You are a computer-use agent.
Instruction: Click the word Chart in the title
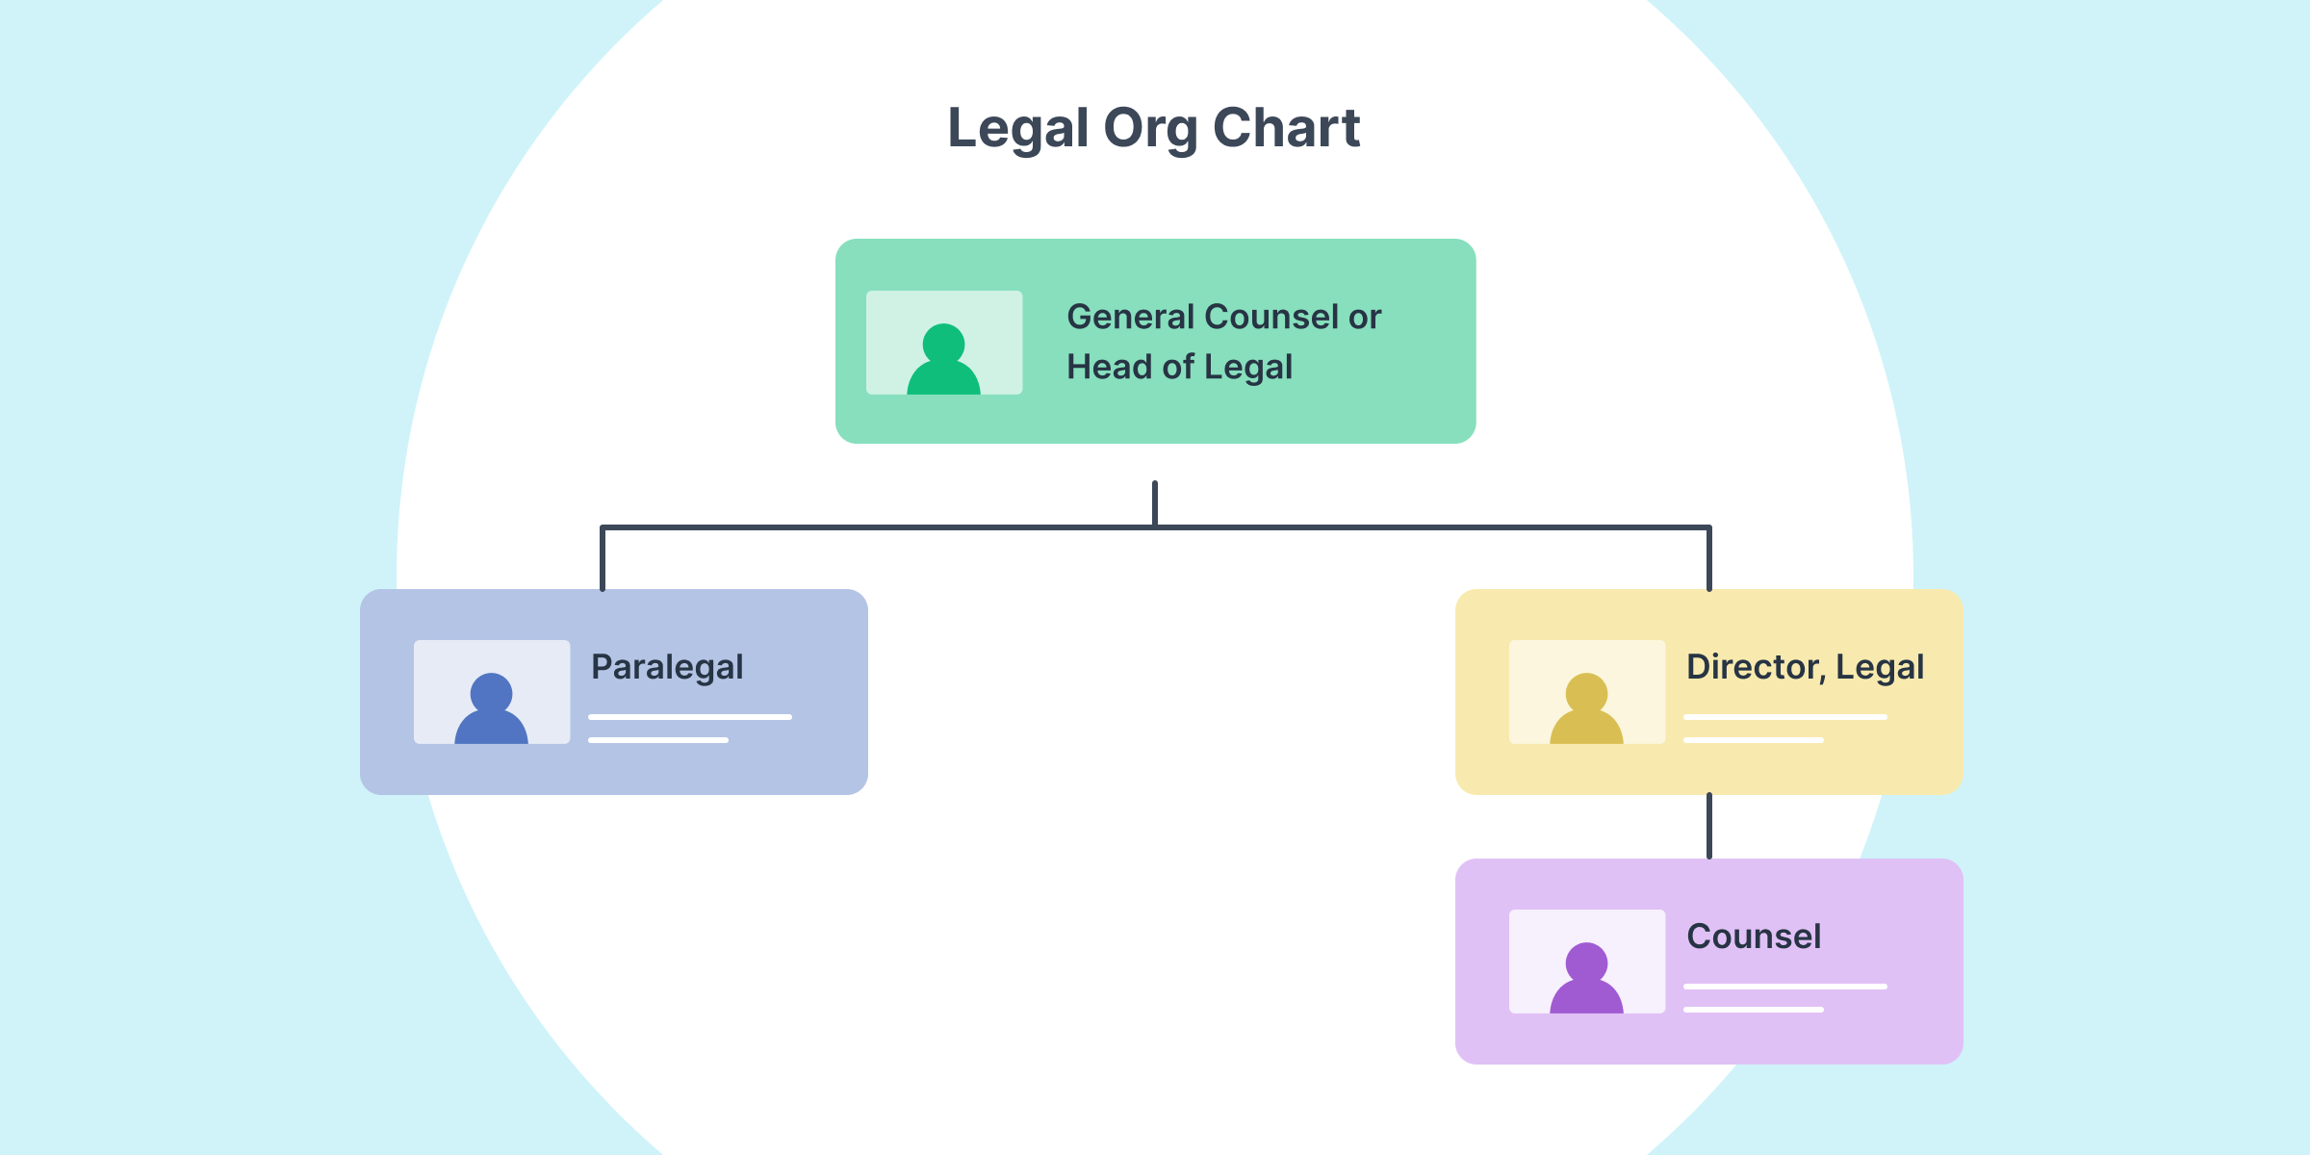(1286, 128)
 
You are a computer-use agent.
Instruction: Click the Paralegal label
(667, 667)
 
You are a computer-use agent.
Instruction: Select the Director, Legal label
(1805, 667)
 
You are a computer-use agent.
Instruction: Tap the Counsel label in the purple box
(1754, 937)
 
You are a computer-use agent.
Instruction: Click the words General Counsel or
(1223, 317)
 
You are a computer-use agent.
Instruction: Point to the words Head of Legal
(1179, 367)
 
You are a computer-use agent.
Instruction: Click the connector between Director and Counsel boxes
(1709, 827)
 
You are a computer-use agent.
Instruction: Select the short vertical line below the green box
(1155, 502)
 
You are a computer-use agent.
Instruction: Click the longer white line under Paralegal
(689, 717)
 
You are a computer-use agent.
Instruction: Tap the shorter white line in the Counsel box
(1753, 1010)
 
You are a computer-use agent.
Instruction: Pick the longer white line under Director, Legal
(1784, 717)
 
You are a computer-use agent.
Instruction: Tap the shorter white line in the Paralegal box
(657, 740)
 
